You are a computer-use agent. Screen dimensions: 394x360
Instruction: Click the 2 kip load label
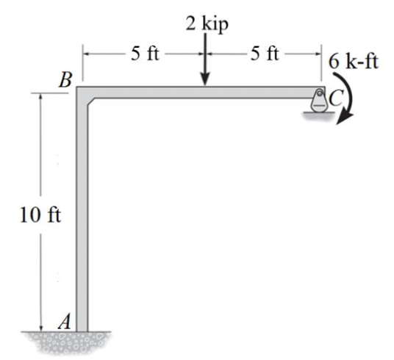(x=207, y=24)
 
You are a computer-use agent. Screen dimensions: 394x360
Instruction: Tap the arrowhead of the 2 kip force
(x=206, y=80)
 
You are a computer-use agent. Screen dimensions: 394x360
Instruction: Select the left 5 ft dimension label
(x=145, y=54)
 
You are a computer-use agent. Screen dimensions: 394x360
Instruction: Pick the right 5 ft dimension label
(x=265, y=54)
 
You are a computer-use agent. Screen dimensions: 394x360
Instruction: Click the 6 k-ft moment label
(x=354, y=62)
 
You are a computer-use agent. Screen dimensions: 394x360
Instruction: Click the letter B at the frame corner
(x=65, y=80)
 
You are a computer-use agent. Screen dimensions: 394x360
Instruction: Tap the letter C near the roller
(x=336, y=98)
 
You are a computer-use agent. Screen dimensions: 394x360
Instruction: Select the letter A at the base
(x=65, y=321)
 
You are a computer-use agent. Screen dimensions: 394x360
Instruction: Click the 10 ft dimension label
(x=40, y=215)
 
